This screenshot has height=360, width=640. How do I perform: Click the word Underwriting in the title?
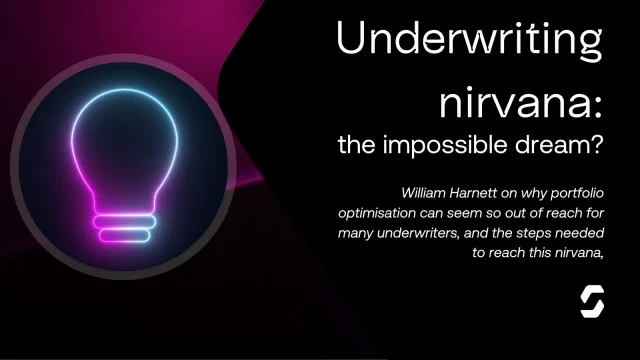pyautogui.click(x=470, y=40)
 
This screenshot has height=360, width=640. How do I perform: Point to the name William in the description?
pyautogui.click(x=423, y=193)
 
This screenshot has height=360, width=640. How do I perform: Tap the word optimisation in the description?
pyautogui.click(x=371, y=213)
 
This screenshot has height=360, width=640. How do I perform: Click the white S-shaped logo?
pyautogui.click(x=592, y=302)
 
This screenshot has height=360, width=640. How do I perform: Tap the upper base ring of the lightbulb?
pyautogui.click(x=124, y=222)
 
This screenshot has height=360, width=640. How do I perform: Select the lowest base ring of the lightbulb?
pyautogui.click(x=124, y=236)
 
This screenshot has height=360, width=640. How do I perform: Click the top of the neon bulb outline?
pyautogui.click(x=124, y=89)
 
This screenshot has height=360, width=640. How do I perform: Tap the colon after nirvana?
pyautogui.click(x=598, y=108)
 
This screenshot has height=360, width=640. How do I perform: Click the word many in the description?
pyautogui.click(x=356, y=234)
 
